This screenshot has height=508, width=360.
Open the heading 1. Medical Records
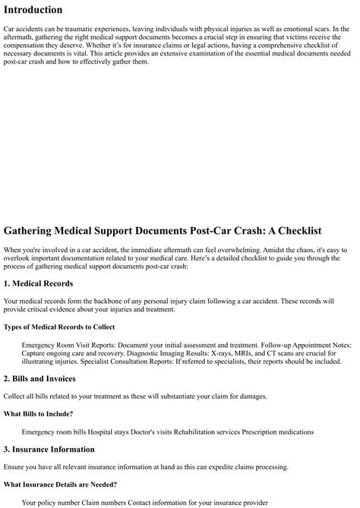[x=39, y=283]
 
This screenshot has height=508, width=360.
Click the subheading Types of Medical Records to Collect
[x=59, y=327]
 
